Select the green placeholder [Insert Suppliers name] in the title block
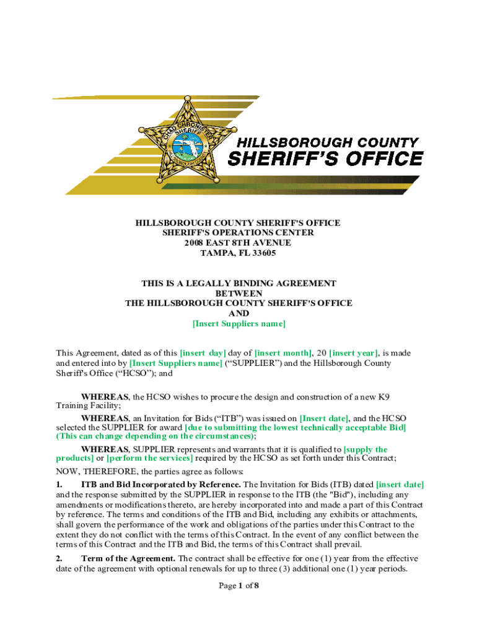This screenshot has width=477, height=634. click(239, 323)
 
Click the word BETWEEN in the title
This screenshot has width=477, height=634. click(239, 293)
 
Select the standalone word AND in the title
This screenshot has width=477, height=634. click(239, 313)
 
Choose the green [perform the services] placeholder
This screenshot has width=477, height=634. click(149, 458)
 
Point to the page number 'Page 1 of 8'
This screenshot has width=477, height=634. click(239, 586)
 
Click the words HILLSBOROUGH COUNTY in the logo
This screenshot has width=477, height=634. click(325, 142)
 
